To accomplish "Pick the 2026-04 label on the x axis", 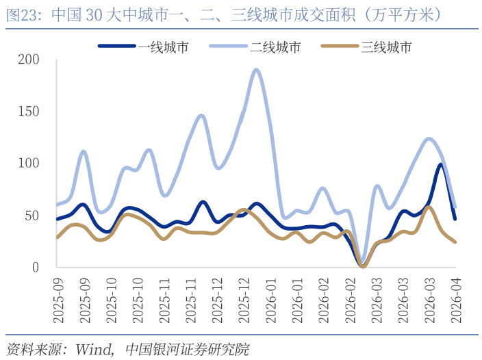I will pyautogui.click(x=455, y=296).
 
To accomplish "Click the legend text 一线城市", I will pyautogui.click(x=164, y=47).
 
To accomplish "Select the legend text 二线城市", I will pyautogui.click(x=275, y=47).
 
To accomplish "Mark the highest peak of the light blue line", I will pyautogui.click(x=257, y=69).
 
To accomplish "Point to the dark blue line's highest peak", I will pyautogui.click(x=441, y=164).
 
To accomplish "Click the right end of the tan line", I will pyautogui.click(x=455, y=242).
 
